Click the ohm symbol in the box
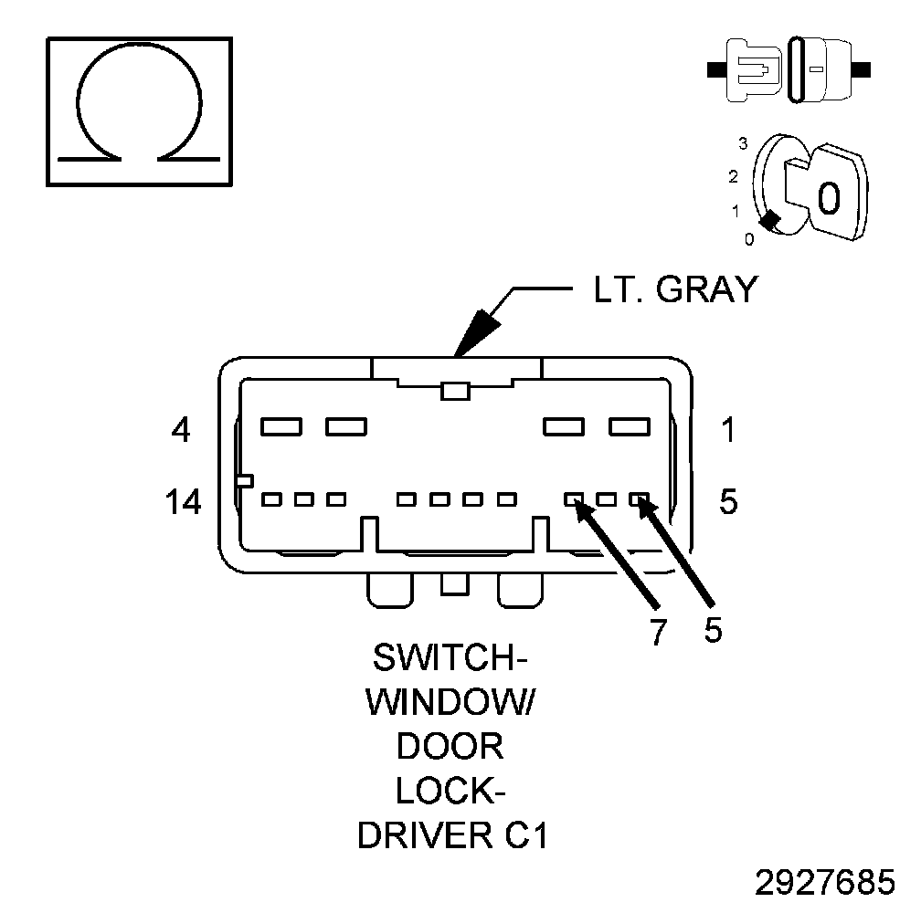point(138,110)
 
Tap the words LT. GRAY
point(674,289)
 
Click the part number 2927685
point(825,883)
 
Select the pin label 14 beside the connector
point(184,501)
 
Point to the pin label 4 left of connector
point(181,429)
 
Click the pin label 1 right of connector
point(727,429)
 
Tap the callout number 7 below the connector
point(659,632)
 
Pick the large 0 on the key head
point(828,196)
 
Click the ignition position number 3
point(744,143)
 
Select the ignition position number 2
point(733,175)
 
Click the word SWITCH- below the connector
point(450,658)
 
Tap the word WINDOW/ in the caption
point(450,702)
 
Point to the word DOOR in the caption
point(450,747)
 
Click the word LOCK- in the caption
point(450,791)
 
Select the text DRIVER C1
point(452,835)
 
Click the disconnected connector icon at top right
point(790,68)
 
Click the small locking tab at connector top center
point(454,391)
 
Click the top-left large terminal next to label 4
point(281,425)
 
